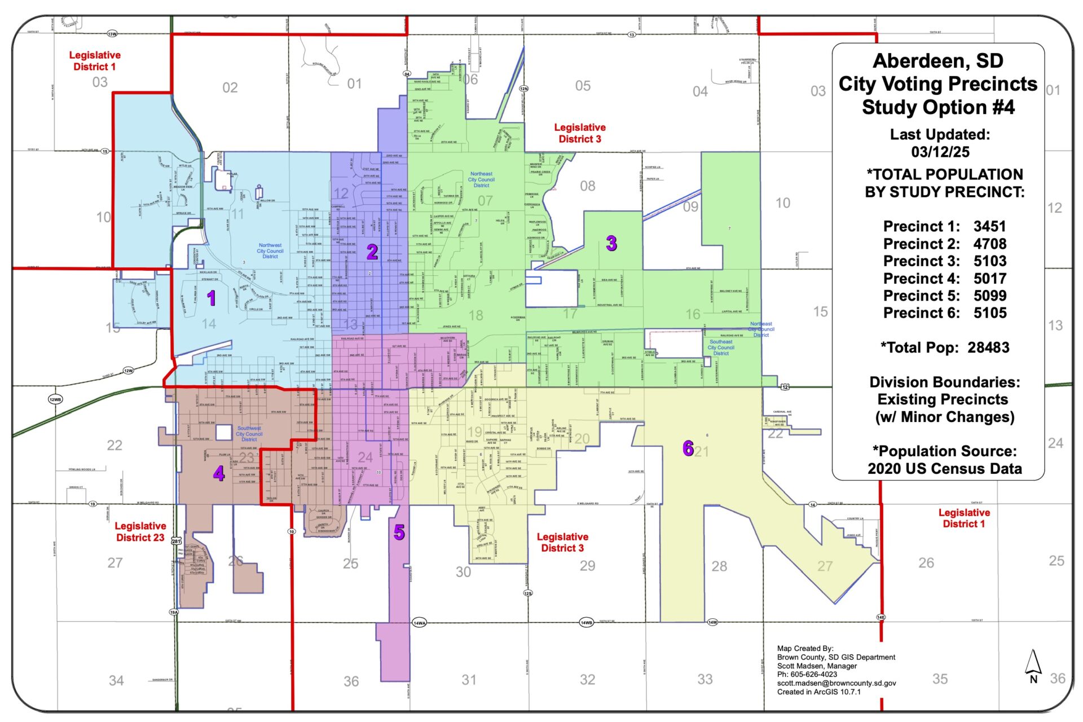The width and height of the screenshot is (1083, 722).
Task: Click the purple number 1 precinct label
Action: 212,298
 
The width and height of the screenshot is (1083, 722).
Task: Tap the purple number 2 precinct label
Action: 372,252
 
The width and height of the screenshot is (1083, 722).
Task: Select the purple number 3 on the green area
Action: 611,244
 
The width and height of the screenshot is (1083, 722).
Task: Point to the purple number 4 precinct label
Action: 219,473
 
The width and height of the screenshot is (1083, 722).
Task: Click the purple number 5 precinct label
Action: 399,532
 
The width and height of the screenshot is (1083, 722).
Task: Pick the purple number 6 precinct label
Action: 688,448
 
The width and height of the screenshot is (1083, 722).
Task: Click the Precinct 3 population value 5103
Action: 989,261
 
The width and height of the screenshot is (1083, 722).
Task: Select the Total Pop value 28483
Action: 988,347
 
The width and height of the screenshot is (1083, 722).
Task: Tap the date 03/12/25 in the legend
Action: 940,152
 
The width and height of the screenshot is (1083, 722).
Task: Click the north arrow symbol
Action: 1033,663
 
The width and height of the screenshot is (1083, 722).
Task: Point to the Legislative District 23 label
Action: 140,531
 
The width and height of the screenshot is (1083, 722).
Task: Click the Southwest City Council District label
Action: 249,434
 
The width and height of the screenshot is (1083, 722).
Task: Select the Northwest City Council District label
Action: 270,251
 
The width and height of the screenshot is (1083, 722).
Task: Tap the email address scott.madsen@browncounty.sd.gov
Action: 837,683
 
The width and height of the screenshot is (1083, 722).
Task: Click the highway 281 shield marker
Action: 177,541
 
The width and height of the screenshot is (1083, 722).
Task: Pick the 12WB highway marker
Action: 55,399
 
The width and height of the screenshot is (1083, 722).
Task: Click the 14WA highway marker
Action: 419,623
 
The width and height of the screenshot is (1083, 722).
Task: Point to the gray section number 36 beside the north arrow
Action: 1058,679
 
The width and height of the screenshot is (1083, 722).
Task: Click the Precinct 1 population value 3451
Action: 989,226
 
